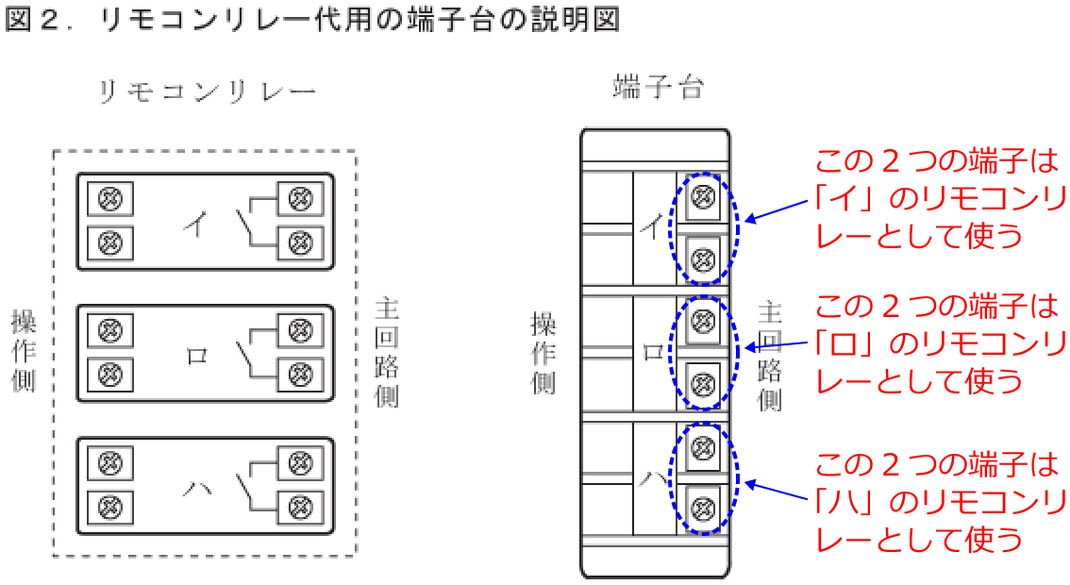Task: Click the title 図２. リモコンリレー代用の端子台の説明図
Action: (311, 21)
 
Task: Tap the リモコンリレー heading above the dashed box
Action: (208, 92)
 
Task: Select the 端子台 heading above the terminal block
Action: (658, 88)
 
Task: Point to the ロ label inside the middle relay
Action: (197, 356)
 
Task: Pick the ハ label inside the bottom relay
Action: (196, 488)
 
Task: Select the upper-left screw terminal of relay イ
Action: (110, 199)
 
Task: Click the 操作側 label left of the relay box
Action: (24, 350)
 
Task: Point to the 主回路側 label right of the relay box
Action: (386, 352)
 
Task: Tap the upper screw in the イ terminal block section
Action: (702, 196)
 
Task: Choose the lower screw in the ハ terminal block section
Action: (702, 508)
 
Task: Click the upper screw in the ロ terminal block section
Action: (702, 320)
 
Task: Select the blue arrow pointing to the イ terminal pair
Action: (780, 213)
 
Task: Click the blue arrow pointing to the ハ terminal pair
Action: (780, 493)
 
